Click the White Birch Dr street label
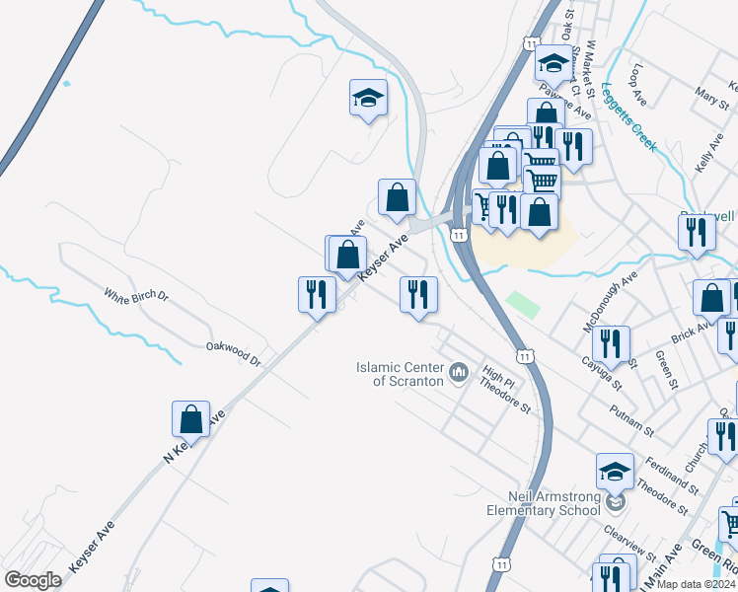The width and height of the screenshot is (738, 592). point(137,295)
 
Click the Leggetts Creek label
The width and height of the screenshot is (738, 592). point(628,115)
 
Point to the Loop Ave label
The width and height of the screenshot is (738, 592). point(638,85)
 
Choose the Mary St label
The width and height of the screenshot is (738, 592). point(709,97)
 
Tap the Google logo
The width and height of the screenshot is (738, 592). point(33,579)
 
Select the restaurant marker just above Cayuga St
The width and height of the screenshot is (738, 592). point(614,344)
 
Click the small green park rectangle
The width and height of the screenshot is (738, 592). point(522,303)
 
